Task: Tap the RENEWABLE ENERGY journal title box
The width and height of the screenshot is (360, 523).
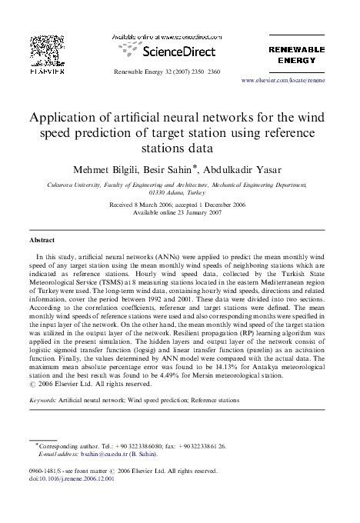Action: pyautogui.click(x=296, y=53)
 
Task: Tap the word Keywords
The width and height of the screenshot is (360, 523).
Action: pyautogui.click(x=46, y=401)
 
